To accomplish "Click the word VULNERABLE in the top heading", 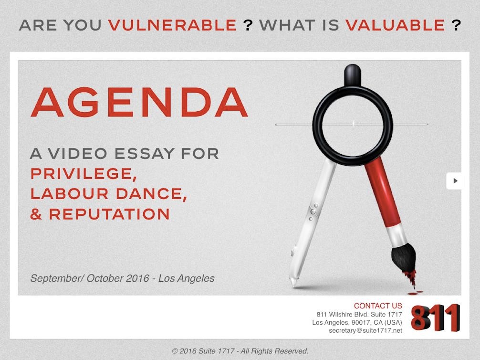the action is coord(172,25).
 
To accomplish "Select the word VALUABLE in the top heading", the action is coord(395,25).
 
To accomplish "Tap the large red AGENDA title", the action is coord(139,102).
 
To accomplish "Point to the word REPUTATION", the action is coord(109,214).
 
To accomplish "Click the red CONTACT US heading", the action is coord(378,306).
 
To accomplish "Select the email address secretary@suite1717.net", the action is coord(365,330).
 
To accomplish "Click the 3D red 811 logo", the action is coord(435,318).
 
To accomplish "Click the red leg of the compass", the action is coord(382,193).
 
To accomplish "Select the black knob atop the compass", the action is coord(353,75).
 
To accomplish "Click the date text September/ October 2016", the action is coord(90,278).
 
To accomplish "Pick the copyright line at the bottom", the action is coord(240,351).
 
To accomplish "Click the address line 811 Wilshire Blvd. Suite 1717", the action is coord(359,314).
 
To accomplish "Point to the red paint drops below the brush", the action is coord(414,293).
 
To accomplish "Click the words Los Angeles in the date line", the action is coord(187,278).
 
